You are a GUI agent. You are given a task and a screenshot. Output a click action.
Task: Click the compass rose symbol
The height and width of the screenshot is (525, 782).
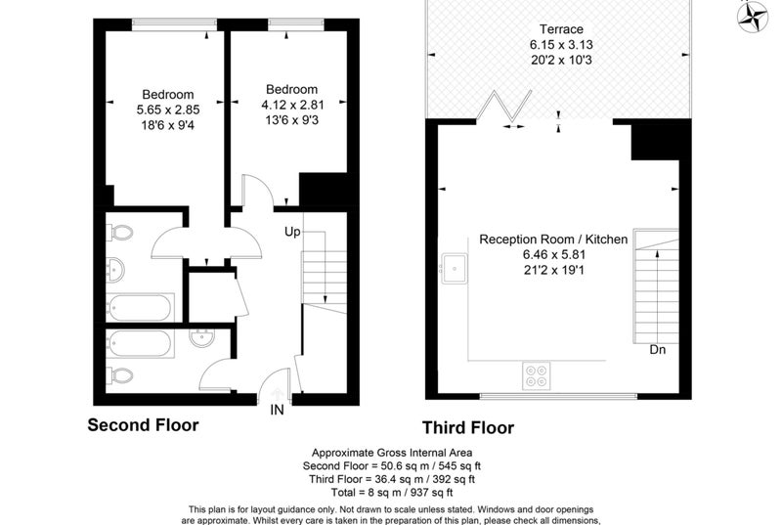pyautogui.click(x=753, y=16)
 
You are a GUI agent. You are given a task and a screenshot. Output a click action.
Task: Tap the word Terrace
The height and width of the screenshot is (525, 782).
pyautogui.click(x=561, y=29)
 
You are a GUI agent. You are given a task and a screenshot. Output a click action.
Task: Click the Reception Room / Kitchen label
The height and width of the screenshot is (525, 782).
pyautogui.click(x=553, y=240)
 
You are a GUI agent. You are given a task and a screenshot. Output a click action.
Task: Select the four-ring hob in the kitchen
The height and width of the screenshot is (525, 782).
pyautogui.click(x=536, y=376)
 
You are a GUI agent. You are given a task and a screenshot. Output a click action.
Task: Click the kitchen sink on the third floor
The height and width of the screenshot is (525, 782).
pyautogui.click(x=455, y=268)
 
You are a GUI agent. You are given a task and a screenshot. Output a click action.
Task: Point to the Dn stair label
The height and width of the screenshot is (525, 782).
pyautogui.click(x=657, y=350)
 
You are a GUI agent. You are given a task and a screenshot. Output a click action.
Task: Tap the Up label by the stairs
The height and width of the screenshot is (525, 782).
pyautogui.click(x=292, y=232)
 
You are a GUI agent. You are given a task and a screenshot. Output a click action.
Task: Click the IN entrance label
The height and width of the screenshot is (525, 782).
pyautogui.click(x=277, y=410)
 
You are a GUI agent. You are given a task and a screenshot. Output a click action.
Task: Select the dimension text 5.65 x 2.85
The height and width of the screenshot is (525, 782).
pyautogui.click(x=168, y=109)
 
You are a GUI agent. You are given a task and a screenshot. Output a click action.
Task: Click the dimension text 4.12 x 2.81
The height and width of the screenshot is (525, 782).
pyautogui.click(x=292, y=105)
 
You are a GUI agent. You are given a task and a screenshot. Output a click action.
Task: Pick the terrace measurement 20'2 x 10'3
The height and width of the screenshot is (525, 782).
pyautogui.click(x=561, y=60)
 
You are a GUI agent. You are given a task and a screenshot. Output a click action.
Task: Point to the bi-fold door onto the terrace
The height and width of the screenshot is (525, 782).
pyautogui.click(x=504, y=107)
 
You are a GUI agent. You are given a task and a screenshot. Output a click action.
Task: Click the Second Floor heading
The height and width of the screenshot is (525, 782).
pyautogui.click(x=143, y=424)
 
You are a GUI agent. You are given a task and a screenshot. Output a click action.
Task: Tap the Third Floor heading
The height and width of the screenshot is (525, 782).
pyautogui.click(x=468, y=428)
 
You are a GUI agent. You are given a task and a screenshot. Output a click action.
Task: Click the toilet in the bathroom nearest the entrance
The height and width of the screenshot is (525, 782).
pyautogui.click(x=120, y=375)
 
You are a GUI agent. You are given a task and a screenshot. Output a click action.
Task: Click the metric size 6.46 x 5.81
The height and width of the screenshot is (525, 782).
pyautogui.click(x=554, y=255)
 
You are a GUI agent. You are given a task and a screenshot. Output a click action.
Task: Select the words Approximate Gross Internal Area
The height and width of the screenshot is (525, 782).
pyautogui.click(x=392, y=453)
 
